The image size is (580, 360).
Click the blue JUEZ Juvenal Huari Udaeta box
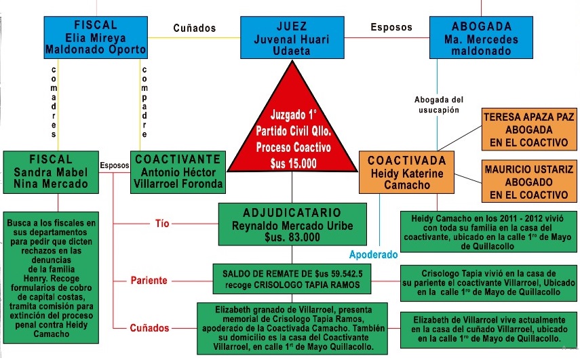(x=291, y=35)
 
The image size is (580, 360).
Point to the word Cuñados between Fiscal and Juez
(x=194, y=28)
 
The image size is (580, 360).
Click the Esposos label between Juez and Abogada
(x=391, y=28)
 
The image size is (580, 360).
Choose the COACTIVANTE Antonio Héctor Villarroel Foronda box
(x=177, y=172)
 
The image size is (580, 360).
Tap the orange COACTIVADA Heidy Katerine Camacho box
(x=406, y=172)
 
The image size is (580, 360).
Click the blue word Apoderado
(x=373, y=256)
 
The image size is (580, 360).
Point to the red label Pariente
(x=150, y=280)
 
